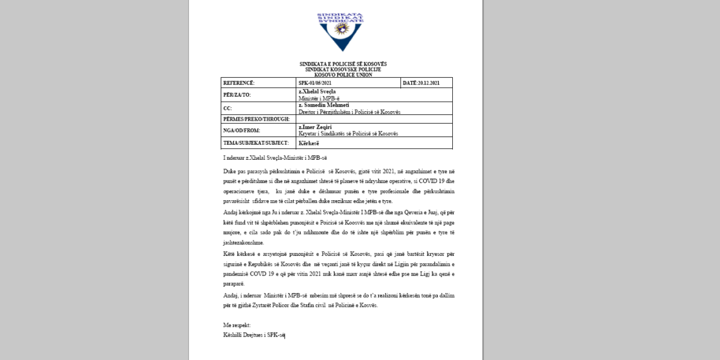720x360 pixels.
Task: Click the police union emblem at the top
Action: click(340, 31)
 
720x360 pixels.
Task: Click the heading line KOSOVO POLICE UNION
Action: click(343, 75)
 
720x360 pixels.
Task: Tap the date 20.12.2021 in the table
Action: click(421, 83)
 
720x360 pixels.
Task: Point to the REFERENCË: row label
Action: click(239, 83)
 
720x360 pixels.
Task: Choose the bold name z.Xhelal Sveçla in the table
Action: click(317, 92)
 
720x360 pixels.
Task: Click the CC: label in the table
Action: click(227, 109)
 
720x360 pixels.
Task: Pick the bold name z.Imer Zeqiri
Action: click(315, 127)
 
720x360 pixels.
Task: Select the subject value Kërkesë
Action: click(309, 143)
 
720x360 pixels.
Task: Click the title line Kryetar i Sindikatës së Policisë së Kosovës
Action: click(348, 133)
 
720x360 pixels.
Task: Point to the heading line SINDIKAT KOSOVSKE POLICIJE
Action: click(343, 69)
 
